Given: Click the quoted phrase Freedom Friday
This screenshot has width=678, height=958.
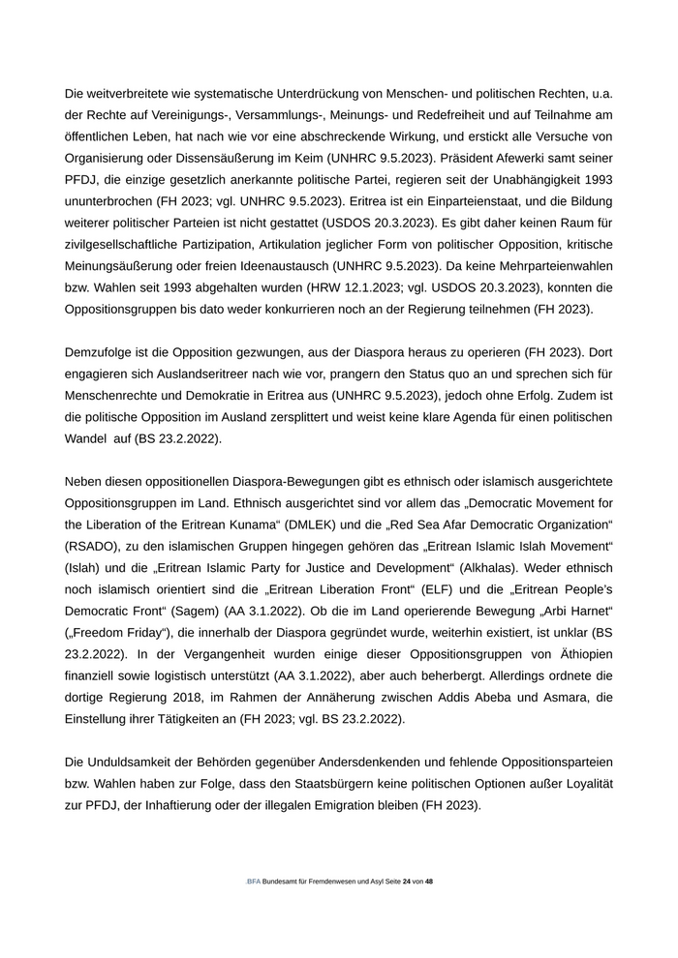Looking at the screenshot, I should coord(122,632).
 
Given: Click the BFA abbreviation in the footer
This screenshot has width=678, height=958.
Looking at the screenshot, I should coord(254,883).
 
